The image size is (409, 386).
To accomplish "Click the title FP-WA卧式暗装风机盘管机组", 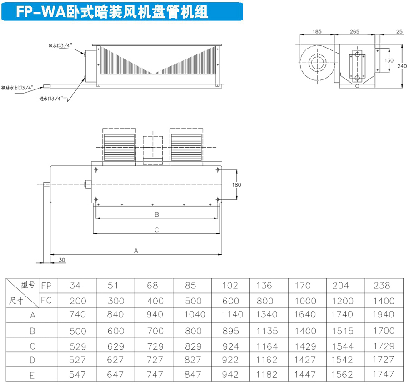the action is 112,12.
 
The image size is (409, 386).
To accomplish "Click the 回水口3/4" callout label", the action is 60,45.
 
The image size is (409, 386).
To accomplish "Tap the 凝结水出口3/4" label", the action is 17,88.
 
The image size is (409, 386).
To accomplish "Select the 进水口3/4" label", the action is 51,99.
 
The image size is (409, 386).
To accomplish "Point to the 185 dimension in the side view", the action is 317,31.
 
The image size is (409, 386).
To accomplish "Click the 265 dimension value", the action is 354,31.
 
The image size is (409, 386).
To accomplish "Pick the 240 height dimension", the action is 402,66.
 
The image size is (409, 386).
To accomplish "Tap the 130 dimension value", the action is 389,60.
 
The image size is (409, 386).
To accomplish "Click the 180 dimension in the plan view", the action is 237,185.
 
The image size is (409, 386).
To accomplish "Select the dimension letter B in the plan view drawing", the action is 156,214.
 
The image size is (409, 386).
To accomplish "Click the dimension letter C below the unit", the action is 156,230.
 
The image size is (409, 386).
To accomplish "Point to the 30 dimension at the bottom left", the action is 62,260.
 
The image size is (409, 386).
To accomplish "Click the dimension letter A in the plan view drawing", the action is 136,251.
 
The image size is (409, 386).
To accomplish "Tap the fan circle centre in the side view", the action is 317,63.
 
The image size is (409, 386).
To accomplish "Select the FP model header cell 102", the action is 230,286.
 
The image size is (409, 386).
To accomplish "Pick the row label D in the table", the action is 32,360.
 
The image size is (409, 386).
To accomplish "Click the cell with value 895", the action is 230,331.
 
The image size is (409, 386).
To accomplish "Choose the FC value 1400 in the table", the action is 384,301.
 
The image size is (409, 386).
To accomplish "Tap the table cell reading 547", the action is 77,375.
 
